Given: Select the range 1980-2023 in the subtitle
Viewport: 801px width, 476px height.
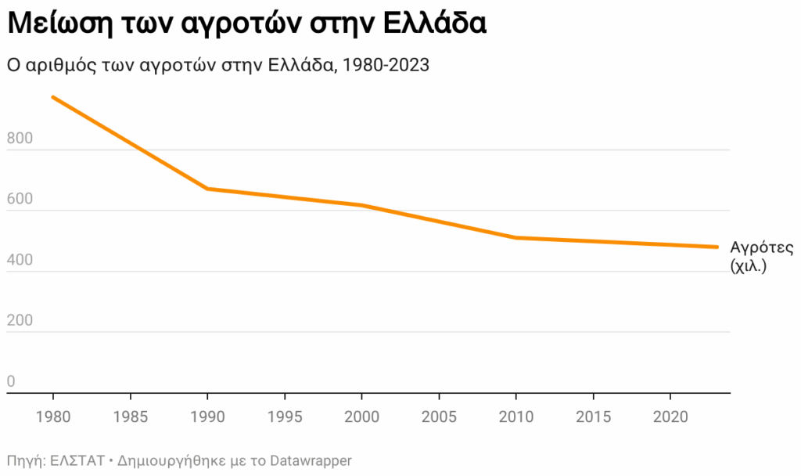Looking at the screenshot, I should pos(383,65).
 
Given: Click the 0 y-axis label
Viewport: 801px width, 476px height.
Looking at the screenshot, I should pos(11,381).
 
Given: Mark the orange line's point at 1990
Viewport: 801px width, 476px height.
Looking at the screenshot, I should pos(207,189).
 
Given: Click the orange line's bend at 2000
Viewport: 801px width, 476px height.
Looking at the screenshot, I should pos(361,205).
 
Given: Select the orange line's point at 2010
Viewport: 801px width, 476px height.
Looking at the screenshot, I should pos(515,237).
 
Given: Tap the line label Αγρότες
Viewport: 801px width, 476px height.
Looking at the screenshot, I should pos(761,249).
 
